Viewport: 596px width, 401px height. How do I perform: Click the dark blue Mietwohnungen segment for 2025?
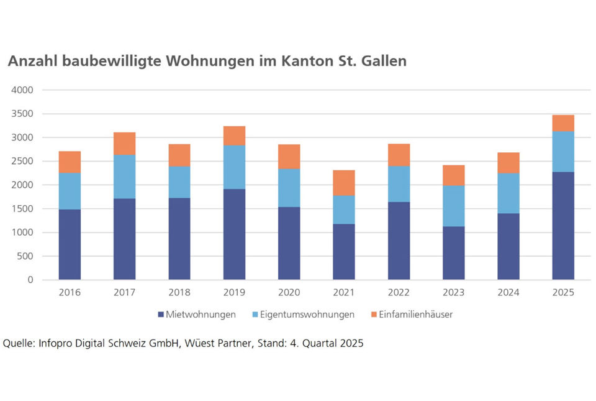click(x=563, y=226)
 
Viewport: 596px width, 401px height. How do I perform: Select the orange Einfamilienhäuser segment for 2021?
click(x=344, y=183)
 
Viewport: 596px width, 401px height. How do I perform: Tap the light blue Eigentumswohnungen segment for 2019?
click(x=234, y=167)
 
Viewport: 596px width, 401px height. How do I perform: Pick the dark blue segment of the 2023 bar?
click(x=453, y=253)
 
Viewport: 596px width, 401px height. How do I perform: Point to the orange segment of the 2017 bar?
click(x=124, y=144)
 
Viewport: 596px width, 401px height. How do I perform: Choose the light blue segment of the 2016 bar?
click(x=70, y=191)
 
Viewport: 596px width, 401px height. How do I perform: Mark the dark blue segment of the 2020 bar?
click(x=289, y=243)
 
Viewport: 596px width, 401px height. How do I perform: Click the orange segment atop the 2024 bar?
click(x=508, y=163)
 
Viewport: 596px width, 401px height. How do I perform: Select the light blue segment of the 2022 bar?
click(x=399, y=184)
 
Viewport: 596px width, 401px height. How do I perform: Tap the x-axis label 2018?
click(x=179, y=292)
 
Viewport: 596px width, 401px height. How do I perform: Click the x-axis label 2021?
click(x=344, y=292)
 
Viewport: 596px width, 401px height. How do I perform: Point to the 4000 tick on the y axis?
click(x=22, y=90)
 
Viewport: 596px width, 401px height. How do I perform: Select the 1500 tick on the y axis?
click(x=22, y=209)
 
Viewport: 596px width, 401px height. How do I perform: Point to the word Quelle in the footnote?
click(x=19, y=343)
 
